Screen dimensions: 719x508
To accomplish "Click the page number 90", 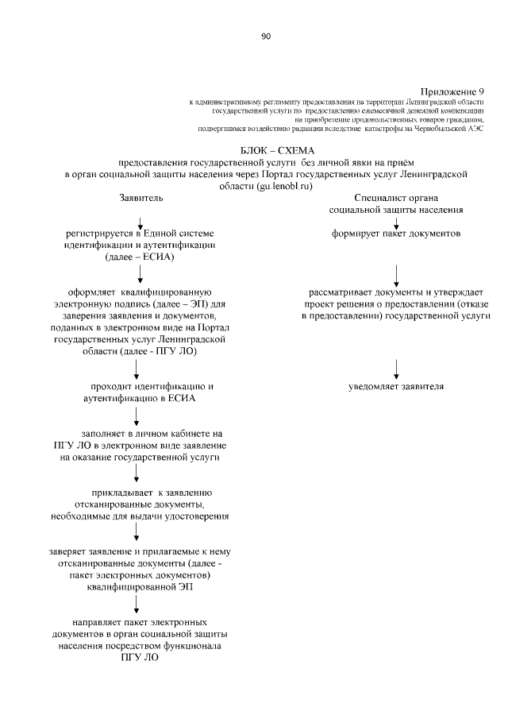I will [265, 36].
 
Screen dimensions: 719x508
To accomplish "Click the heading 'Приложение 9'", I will [452, 92].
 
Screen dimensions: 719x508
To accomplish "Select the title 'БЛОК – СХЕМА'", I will [277, 149].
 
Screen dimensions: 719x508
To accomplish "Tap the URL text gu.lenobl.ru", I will [281, 185].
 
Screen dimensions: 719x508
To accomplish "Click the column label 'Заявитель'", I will [140, 197].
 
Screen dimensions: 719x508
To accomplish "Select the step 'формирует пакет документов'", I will [396, 234].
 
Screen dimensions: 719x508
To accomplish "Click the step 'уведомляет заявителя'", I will [396, 387].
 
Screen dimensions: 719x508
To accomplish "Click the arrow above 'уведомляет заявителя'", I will [396, 367].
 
